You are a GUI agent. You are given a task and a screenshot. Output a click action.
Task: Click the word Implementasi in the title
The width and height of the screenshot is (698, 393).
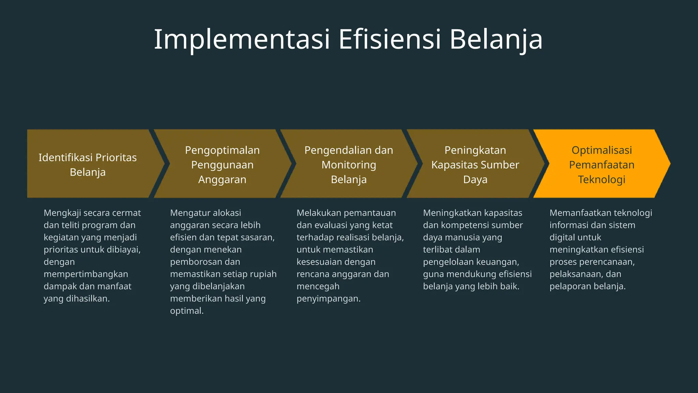click(242, 40)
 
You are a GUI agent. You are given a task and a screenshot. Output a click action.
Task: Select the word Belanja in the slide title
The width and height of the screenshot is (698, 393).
click(496, 40)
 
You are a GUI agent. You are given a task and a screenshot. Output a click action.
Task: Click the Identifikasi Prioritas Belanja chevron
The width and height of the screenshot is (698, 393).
click(88, 164)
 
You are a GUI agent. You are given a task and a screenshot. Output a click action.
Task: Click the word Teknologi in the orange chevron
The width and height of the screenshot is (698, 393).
click(602, 179)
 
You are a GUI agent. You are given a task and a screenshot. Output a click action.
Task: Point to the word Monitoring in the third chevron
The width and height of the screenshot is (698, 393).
click(349, 165)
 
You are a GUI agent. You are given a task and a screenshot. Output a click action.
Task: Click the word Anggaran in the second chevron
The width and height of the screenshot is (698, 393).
click(222, 179)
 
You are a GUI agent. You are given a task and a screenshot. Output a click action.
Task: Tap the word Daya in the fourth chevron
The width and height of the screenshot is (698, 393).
click(475, 179)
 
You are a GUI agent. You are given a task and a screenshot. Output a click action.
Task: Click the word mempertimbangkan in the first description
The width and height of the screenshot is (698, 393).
click(86, 274)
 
